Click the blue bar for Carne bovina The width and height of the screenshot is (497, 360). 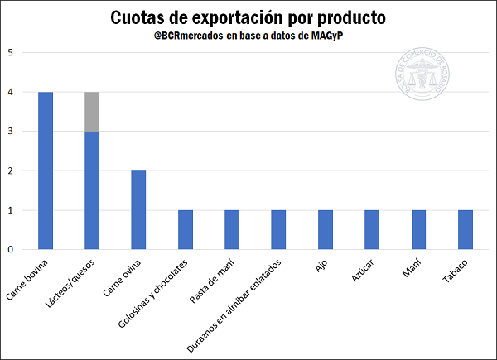pos(46,170)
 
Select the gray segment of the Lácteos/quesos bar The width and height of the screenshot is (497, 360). pos(92,112)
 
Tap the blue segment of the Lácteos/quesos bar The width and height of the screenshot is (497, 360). pos(92,190)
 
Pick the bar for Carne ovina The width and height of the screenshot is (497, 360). pos(138,210)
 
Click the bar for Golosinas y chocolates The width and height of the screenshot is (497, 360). pos(185,229)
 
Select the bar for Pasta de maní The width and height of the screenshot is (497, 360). pos(231,229)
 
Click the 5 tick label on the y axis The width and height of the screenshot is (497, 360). pos(11,53)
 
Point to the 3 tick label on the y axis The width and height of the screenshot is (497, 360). pos(11,132)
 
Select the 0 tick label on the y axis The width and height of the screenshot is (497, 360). pos(11,249)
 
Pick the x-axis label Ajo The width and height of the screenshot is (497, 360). pos(321,266)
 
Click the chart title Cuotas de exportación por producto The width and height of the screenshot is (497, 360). pos(248,18)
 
